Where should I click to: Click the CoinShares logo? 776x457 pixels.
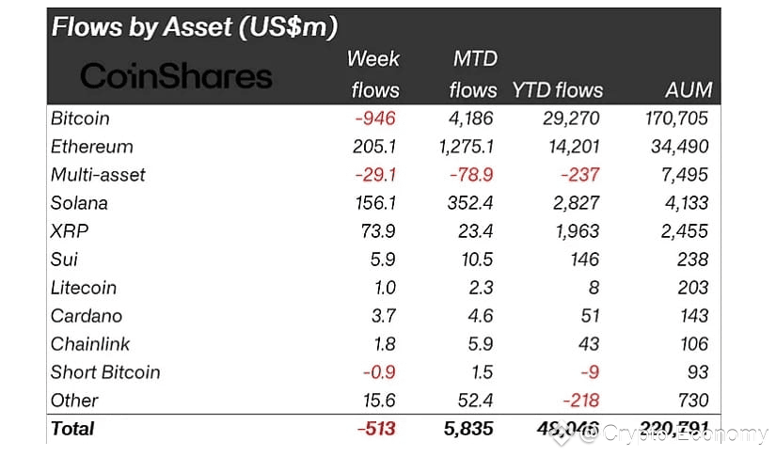click(176, 76)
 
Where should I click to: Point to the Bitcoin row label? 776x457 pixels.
click(80, 118)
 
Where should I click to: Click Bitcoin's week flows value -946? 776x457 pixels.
click(375, 118)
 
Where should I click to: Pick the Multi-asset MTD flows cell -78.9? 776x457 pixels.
click(476, 175)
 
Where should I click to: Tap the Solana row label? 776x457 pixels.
click(79, 203)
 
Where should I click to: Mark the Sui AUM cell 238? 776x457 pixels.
click(693, 260)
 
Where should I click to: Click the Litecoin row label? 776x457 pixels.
click(84, 288)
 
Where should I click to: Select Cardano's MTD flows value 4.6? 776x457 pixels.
click(483, 316)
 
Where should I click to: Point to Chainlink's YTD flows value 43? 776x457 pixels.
click(590, 344)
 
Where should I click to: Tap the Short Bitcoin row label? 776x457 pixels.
click(105, 372)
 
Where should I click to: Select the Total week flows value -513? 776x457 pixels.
click(376, 429)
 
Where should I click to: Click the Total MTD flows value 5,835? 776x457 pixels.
click(472, 429)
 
